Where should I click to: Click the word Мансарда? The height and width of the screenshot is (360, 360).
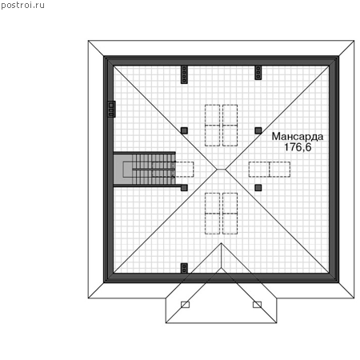pyautogui.click(x=298, y=136)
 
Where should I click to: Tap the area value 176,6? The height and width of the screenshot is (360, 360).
pyautogui.click(x=298, y=147)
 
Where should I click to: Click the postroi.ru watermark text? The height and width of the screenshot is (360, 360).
pyautogui.click(x=22, y=5)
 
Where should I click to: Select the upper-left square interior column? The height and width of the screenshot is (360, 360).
pyautogui.click(x=184, y=130)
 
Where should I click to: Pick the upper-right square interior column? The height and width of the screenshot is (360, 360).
pyautogui.click(x=258, y=130)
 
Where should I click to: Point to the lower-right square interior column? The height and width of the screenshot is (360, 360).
pyautogui.click(x=258, y=188)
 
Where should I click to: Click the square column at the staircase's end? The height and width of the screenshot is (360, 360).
pyautogui.click(x=184, y=188)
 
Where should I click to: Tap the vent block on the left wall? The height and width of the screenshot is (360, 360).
pyautogui.click(x=111, y=109)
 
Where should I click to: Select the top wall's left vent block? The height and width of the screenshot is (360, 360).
pyautogui.click(x=184, y=74)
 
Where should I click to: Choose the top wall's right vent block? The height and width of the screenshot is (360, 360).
pyautogui.click(x=258, y=73)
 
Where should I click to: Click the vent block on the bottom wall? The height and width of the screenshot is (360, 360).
pyautogui.click(x=184, y=268)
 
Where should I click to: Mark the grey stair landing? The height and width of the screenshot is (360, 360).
pyautogui.click(x=123, y=169)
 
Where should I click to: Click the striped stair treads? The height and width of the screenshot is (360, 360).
pyautogui.click(x=154, y=169)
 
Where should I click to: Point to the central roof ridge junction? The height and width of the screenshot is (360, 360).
pyautogui.click(x=221, y=169)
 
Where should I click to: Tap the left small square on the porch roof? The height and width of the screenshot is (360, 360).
pyautogui.click(x=185, y=305)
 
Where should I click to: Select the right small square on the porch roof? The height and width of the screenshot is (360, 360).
pyautogui.click(x=257, y=305)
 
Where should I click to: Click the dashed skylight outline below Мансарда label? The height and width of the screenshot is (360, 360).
pyautogui.click(x=270, y=170)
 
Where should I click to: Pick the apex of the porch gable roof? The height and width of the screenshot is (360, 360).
pyautogui.click(x=221, y=243)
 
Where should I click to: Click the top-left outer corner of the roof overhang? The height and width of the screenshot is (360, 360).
pyautogui.click(x=88, y=41)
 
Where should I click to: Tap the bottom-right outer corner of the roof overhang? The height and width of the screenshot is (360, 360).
pyautogui.click(x=354, y=298)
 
